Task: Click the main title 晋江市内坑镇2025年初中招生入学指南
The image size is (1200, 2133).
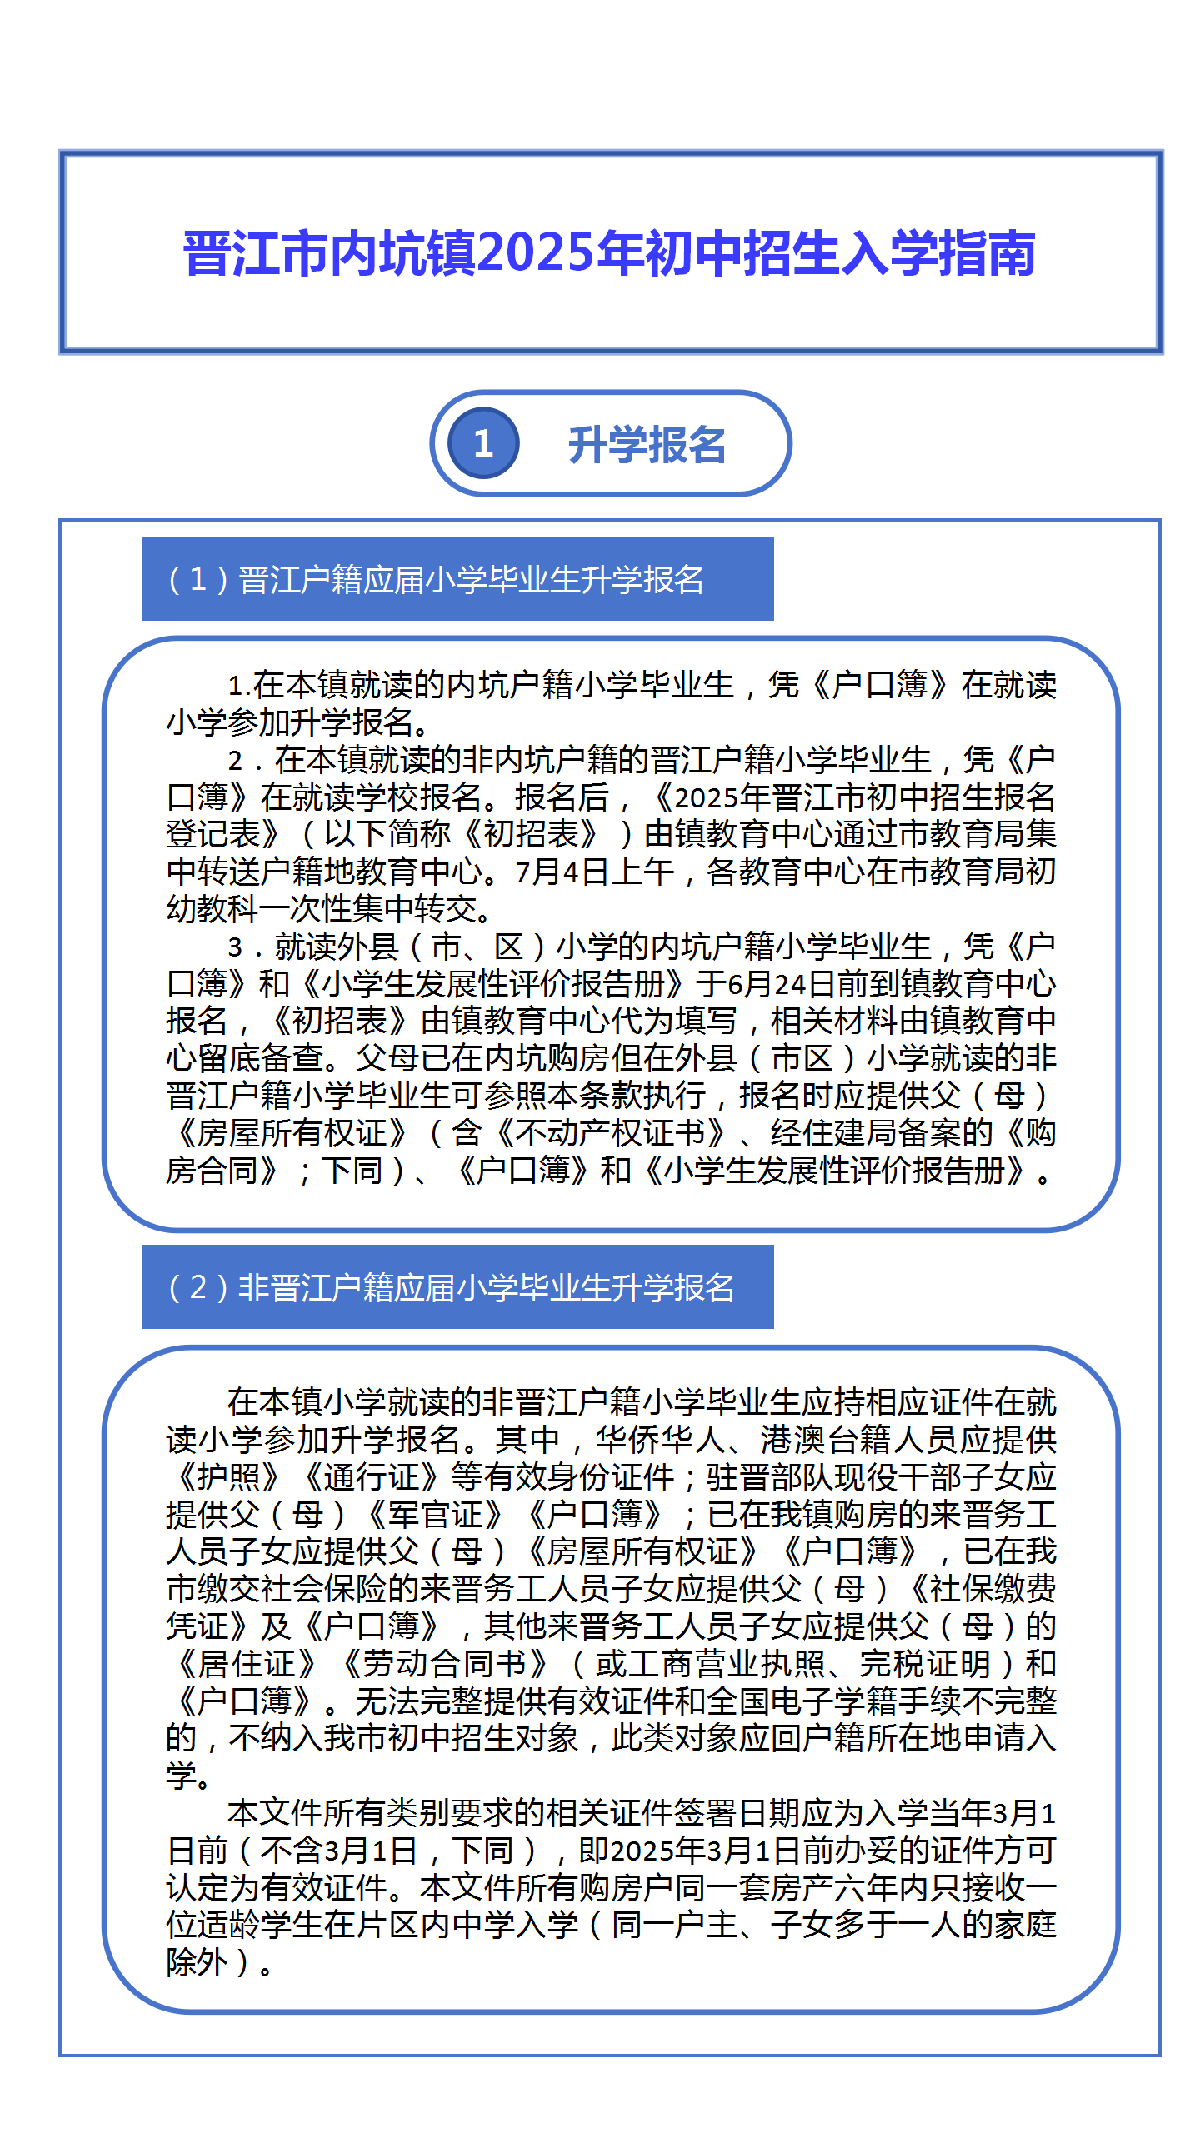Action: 609,253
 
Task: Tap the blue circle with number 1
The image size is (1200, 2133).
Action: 483,443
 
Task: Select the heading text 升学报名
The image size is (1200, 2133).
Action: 647,445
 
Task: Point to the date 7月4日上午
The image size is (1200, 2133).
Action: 594,872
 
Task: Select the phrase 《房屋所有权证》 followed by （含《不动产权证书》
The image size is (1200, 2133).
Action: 292,1133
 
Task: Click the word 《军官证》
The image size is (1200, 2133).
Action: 434,1515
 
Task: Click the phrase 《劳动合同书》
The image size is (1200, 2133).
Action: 444,1664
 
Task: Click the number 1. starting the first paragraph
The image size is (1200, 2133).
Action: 240,686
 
